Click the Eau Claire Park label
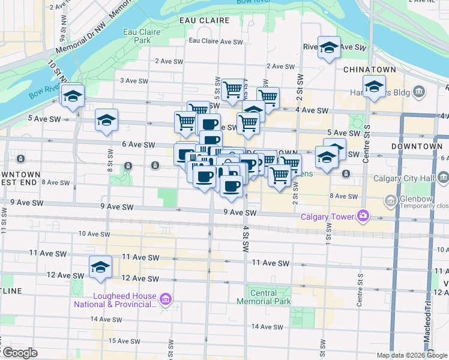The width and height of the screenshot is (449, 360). click(x=137, y=35)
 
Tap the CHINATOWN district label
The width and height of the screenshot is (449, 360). click(x=370, y=70)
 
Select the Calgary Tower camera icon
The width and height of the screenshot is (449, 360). click(x=363, y=216)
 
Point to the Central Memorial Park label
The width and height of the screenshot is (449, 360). click(x=264, y=297)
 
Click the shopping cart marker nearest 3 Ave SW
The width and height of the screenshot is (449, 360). click(x=232, y=90)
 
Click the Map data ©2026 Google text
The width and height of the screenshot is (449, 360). click(x=412, y=355)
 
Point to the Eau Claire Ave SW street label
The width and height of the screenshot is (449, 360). click(x=215, y=41)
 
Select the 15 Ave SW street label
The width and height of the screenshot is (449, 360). click(x=131, y=341)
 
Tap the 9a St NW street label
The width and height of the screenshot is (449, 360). click(x=62, y=23)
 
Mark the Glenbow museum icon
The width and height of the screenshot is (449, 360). click(x=391, y=200)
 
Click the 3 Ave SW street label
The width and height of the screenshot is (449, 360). click(x=134, y=80)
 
